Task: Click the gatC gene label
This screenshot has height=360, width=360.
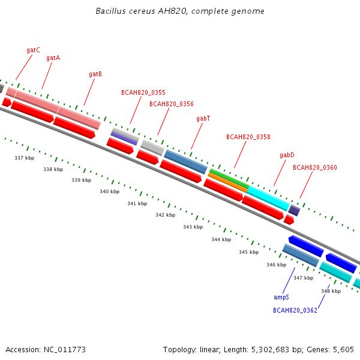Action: point(33,50)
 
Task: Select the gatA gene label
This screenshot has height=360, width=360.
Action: point(53,58)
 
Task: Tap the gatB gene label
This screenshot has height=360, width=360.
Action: point(95,74)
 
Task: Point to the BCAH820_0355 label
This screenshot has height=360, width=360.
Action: point(143,92)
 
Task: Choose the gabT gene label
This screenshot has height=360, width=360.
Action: point(203,118)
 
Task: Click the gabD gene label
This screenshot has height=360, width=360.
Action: point(287,155)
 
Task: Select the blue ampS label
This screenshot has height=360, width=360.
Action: point(281,298)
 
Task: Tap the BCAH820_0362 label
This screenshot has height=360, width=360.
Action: point(295,310)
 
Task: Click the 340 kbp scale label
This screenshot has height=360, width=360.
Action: point(110,191)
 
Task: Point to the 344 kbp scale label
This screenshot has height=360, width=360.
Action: point(221,239)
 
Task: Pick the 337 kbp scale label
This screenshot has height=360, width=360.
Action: point(25,158)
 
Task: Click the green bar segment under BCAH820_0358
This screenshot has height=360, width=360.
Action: point(230,178)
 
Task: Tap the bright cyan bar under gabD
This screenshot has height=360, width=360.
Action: point(268,199)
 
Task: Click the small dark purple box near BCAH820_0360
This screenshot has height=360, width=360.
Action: point(295,211)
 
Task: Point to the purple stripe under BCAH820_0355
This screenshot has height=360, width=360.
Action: point(124,139)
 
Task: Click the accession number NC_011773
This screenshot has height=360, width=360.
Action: point(65,350)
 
